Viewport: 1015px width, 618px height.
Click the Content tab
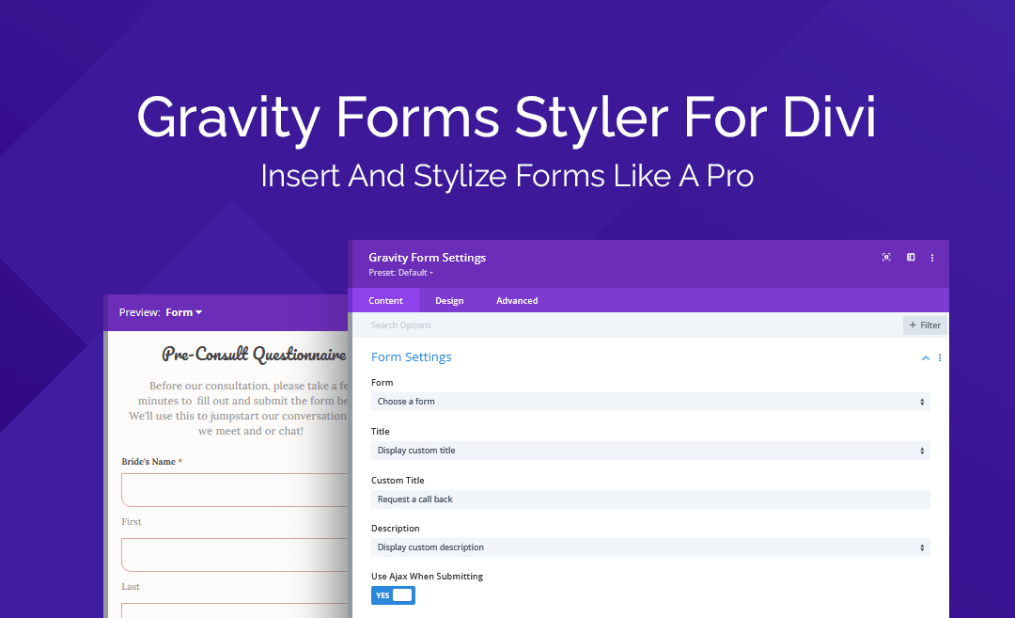(385, 301)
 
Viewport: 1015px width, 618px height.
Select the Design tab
(449, 301)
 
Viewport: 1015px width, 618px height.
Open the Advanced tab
(517, 301)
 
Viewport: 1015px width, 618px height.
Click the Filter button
(925, 325)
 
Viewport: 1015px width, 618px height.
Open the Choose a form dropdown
(649, 402)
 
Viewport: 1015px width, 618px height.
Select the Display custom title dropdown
(649, 451)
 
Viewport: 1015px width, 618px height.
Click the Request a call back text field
(649, 499)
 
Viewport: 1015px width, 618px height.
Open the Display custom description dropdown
(649, 547)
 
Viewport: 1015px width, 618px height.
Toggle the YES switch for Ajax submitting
(393, 595)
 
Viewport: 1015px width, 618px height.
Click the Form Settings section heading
(412, 357)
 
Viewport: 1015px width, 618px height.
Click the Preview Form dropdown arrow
(198, 312)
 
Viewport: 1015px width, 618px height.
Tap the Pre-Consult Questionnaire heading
(254, 355)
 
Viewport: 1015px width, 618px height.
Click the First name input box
(235, 490)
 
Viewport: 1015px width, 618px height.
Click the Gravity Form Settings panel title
(428, 258)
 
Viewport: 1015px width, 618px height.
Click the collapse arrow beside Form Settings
(926, 358)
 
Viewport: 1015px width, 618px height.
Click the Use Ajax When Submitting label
(427, 577)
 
